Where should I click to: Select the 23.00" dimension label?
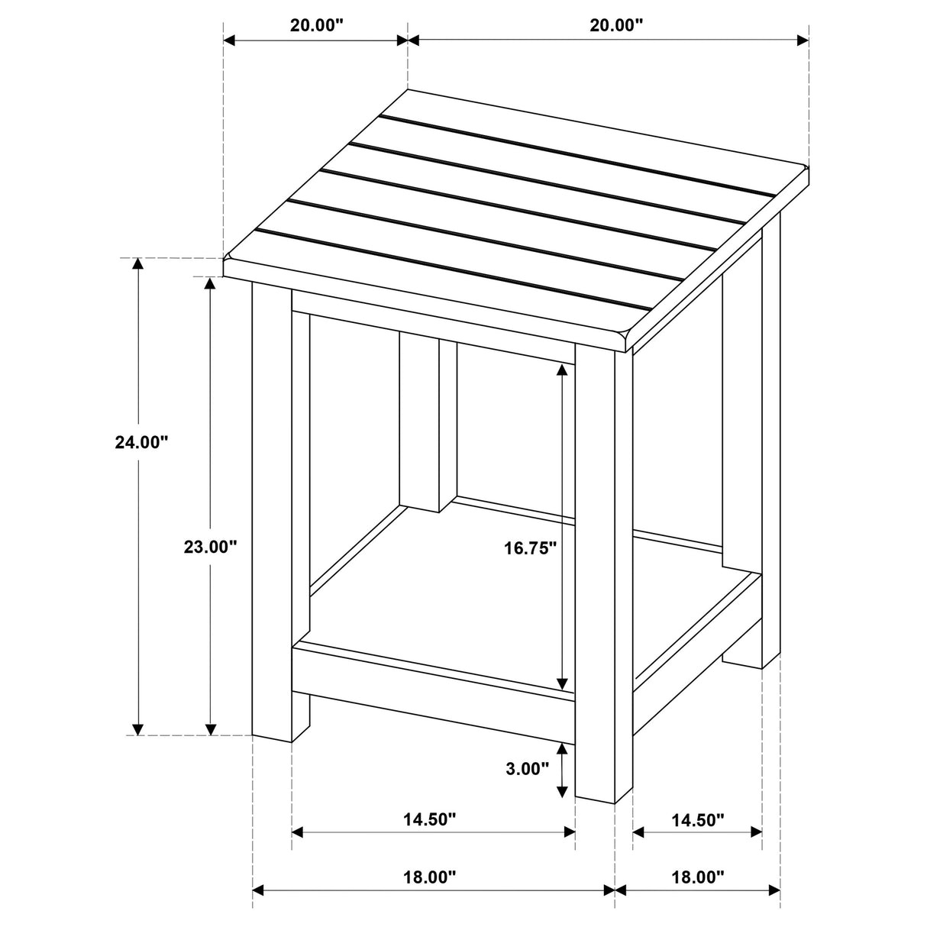211,547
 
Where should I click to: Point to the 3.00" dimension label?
528,769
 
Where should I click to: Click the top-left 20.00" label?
316,24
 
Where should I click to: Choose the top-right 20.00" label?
616,24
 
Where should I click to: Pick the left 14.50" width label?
430,820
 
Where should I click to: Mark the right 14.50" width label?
697,820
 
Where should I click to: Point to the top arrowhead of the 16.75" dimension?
562,371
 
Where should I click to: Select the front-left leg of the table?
272,512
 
